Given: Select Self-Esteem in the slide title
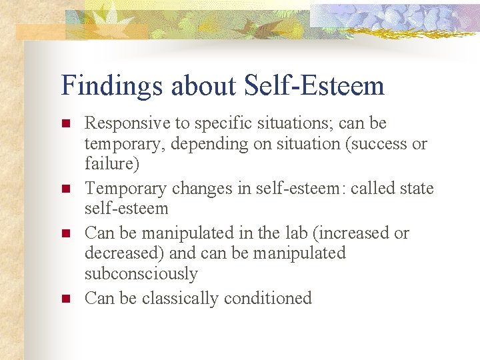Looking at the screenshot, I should [315, 85].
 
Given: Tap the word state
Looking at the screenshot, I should [416, 189].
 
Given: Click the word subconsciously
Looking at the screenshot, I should [141, 274].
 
